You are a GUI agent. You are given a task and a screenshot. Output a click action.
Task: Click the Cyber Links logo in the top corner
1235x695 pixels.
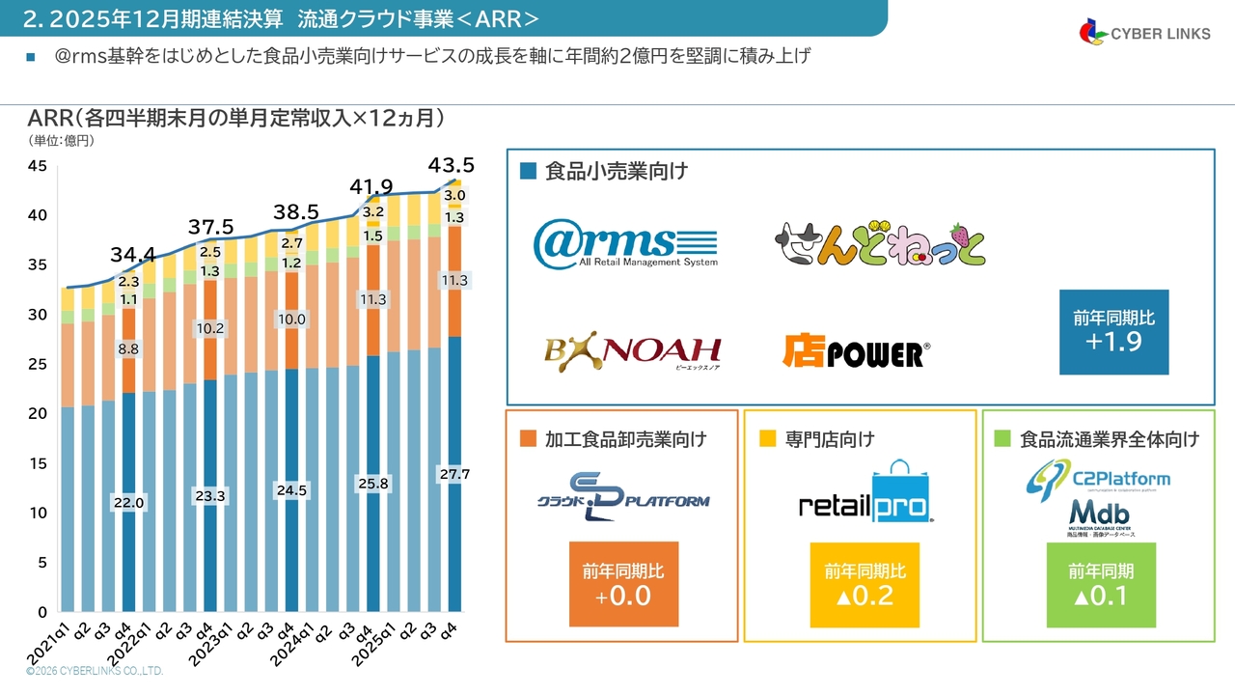point(1144,33)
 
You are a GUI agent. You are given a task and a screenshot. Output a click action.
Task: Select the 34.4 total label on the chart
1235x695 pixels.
point(132,255)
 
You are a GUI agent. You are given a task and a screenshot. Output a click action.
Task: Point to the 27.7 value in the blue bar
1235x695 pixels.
point(453,475)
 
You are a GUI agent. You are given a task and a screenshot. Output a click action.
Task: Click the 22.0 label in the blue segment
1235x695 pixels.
point(129,503)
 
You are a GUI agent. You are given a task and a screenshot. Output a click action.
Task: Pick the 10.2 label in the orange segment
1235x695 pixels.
point(209,328)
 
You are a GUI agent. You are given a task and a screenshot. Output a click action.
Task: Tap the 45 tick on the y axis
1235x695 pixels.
point(38,166)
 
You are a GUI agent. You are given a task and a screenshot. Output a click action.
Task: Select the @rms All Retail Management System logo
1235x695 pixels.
point(626,242)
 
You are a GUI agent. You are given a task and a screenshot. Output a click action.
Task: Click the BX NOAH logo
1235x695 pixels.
point(633,354)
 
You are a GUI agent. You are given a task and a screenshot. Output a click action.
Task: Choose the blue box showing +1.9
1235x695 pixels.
point(1113,332)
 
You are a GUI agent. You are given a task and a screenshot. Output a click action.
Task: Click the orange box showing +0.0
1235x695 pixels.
point(622,585)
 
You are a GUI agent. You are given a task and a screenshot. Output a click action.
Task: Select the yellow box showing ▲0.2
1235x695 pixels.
point(864,585)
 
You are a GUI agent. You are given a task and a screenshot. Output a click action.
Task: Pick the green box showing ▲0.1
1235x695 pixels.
point(1101,585)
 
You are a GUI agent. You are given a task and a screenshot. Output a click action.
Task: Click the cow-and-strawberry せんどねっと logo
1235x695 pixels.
point(881,243)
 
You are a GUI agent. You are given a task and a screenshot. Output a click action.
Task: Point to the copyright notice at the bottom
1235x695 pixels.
point(95,671)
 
